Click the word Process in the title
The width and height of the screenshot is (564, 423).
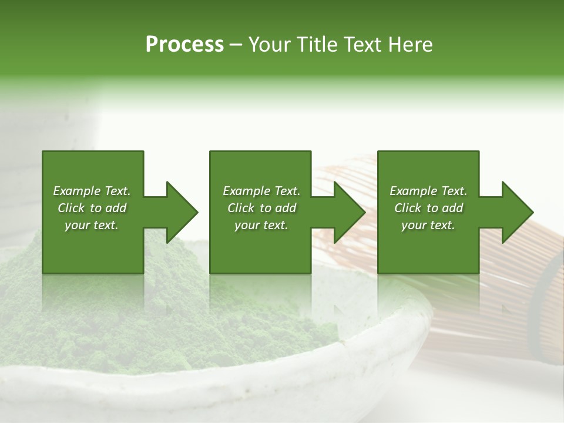click(184, 45)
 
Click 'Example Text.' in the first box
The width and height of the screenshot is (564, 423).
click(92, 191)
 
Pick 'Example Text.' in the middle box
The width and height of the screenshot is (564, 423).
click(261, 191)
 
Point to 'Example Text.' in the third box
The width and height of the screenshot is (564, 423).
click(428, 191)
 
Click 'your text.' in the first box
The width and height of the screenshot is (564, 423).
click(92, 225)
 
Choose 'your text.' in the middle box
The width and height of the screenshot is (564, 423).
click(261, 225)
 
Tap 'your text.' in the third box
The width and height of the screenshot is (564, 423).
click(428, 225)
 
